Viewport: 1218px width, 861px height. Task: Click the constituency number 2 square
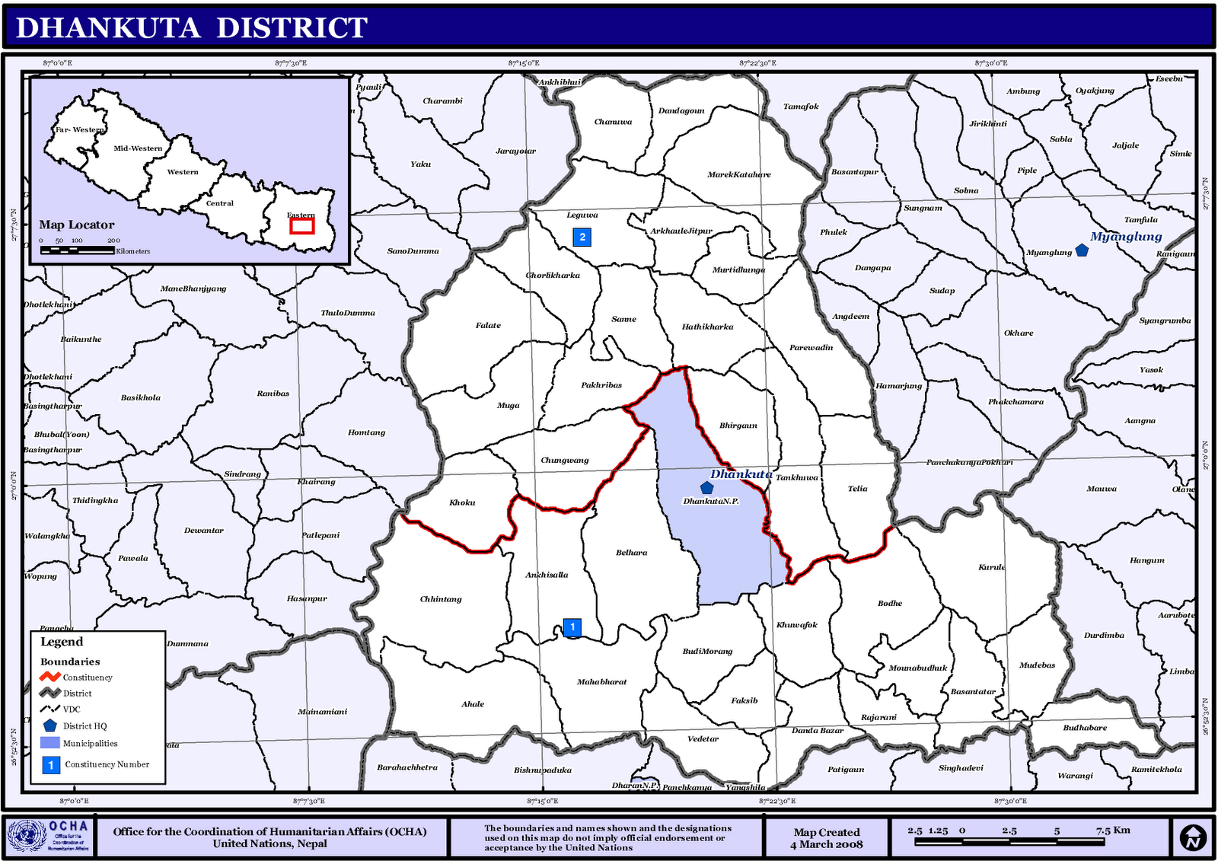tap(582, 237)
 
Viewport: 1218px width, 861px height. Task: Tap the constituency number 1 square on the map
tap(572, 627)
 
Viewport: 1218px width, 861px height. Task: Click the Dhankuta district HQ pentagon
tap(706, 488)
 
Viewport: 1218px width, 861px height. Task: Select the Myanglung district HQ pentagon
tap(1082, 250)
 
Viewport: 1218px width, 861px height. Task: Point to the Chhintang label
tap(441, 599)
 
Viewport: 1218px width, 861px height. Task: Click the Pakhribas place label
tap(601, 385)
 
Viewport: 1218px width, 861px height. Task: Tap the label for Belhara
tap(631, 553)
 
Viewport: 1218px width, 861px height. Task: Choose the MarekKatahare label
tap(738, 174)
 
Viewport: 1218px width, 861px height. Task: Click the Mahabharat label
tap(601, 682)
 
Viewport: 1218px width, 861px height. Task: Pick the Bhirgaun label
tap(738, 426)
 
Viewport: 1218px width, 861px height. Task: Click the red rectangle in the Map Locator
tap(302, 226)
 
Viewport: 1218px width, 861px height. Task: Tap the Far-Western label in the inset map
tap(79, 129)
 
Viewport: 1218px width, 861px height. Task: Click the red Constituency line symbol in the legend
tap(50, 677)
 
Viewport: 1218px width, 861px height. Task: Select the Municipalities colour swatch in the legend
tap(50, 743)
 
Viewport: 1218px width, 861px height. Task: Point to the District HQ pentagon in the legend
tap(50, 725)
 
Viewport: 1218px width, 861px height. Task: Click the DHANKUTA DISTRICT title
tap(192, 28)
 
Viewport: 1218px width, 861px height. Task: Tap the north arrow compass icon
tap(1193, 837)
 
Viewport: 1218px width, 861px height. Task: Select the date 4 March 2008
tap(826, 844)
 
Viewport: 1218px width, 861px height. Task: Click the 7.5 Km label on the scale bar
tap(1112, 831)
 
